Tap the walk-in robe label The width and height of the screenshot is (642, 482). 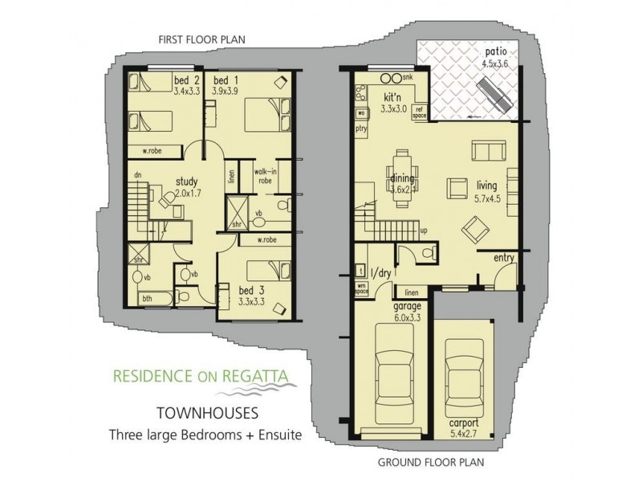click(266, 176)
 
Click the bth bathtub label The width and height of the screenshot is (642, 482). click(147, 298)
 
